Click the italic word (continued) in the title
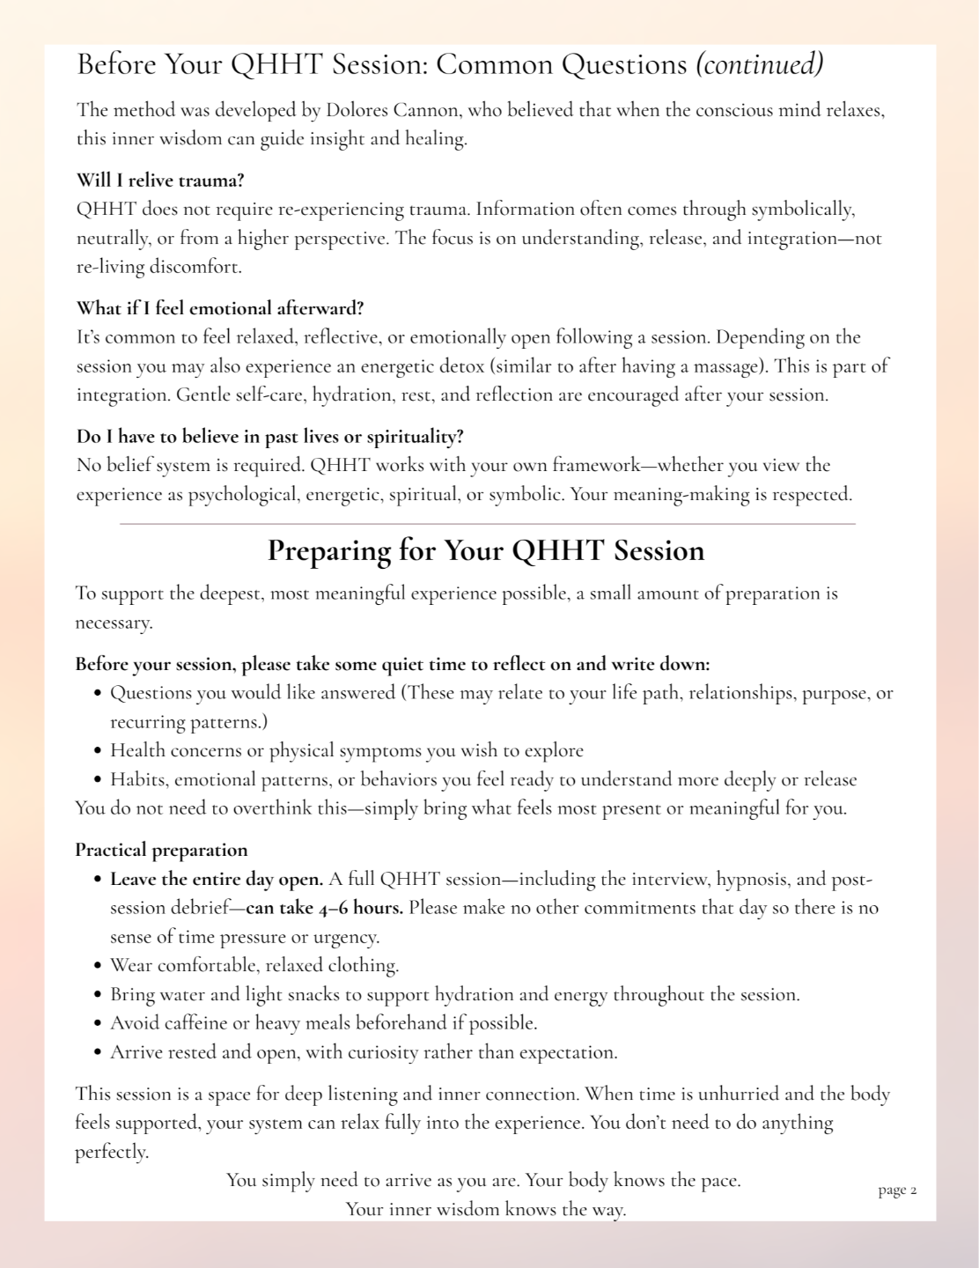click(x=759, y=64)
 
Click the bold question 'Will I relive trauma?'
click(x=160, y=181)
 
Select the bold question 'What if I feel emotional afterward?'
click(x=220, y=308)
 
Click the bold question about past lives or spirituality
click(x=269, y=437)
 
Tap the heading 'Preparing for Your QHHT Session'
click(x=486, y=550)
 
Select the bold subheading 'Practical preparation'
click(x=161, y=851)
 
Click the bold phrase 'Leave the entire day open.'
click(x=217, y=880)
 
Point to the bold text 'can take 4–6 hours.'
click(x=324, y=908)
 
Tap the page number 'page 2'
click(x=897, y=1191)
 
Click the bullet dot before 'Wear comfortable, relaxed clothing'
click(x=99, y=967)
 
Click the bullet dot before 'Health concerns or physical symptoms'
click(x=99, y=752)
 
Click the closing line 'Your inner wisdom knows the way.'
click(x=486, y=1210)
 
